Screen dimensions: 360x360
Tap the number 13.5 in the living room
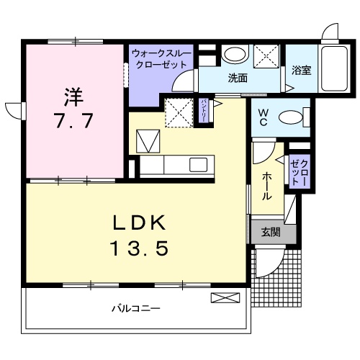(140, 248)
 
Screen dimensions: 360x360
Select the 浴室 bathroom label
(300, 71)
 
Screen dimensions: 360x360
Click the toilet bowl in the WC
(292, 117)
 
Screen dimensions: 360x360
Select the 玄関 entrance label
(270, 232)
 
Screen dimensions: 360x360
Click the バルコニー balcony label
(135, 309)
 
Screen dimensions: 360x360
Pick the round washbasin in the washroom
(233, 55)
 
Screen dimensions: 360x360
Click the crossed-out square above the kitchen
(176, 112)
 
